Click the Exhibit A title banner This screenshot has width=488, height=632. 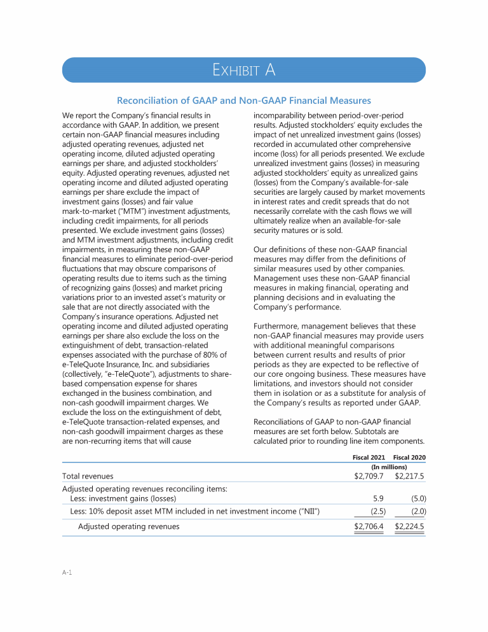243,70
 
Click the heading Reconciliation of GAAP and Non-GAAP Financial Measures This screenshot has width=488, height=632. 243,101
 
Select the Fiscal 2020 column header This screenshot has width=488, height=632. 410,458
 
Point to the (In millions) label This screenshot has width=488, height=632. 389,467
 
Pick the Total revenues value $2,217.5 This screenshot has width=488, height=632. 410,475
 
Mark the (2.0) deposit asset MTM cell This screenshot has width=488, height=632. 417,511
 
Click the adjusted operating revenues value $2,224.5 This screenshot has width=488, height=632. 410,526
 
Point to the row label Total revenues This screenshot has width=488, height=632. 88,475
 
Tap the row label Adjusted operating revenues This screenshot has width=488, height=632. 128,526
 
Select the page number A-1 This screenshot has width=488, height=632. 67,573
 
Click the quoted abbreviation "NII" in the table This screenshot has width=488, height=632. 306,511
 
